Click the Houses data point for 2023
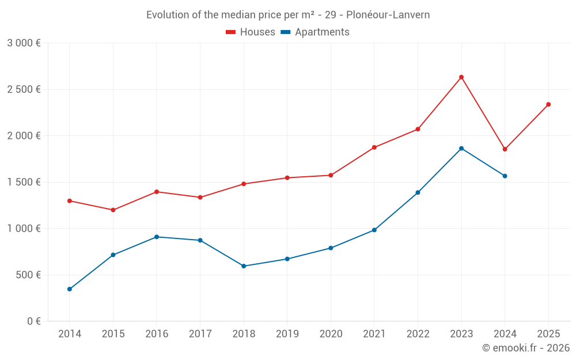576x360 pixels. [x=461, y=77]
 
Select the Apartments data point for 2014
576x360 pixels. [x=70, y=289]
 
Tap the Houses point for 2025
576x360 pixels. [x=548, y=104]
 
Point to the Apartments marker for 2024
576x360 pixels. [x=505, y=176]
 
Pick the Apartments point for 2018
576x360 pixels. [x=244, y=266]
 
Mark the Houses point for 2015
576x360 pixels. [x=113, y=210]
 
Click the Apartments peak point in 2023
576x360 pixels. [x=461, y=149]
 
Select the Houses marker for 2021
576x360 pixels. [x=374, y=147]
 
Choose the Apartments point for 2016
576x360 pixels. [x=157, y=237]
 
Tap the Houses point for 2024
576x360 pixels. [x=505, y=149]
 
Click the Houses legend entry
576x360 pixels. [x=251, y=32]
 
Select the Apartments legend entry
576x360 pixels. [x=315, y=32]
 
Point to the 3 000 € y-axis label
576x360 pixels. [x=24, y=43]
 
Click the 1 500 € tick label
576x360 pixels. [x=24, y=182]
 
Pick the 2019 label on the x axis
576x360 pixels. [x=287, y=334]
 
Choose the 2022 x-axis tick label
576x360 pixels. [x=418, y=334]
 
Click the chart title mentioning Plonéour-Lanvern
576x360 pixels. [x=288, y=14]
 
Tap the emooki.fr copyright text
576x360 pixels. [x=525, y=348]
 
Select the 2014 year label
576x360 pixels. [x=70, y=334]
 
